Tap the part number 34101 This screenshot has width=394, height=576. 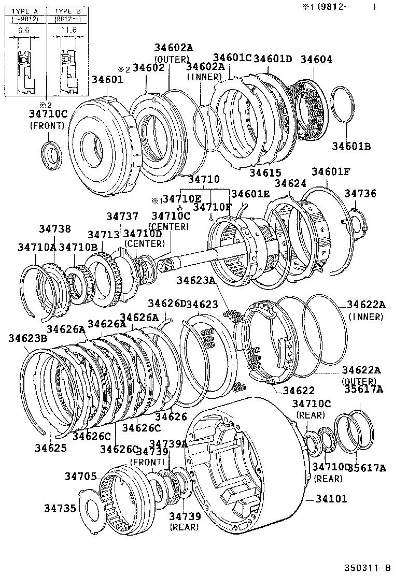pos(332,499)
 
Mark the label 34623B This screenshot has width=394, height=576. pos(27,338)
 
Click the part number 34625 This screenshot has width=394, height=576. pos(51,448)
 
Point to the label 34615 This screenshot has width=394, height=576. pos(265,172)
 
